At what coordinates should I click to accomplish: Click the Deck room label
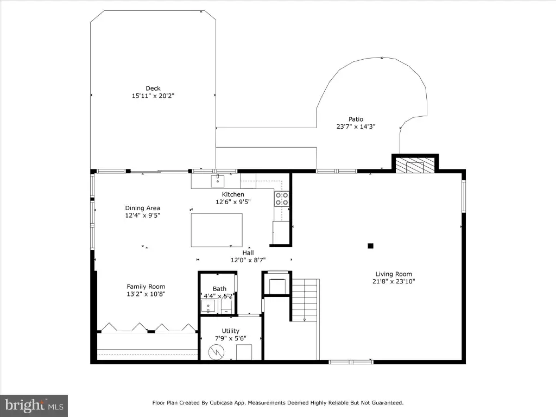point(153,89)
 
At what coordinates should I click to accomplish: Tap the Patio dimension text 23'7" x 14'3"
point(356,126)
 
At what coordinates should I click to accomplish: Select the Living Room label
point(394,274)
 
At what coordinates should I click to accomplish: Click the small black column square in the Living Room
point(370,246)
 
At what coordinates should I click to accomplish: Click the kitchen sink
point(217,181)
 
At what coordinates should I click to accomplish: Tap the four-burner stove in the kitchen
point(282,199)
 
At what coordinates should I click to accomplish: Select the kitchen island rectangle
point(217,230)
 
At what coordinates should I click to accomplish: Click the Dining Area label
point(143,208)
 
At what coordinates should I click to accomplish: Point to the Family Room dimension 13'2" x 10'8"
point(146,294)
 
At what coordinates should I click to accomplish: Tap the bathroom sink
point(208,306)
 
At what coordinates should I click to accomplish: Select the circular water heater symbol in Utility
point(216,352)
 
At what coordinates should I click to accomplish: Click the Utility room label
point(230,331)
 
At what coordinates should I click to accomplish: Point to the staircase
point(305,300)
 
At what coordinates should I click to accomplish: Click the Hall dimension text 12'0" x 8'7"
point(248,260)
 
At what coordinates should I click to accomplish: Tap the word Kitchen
point(233,194)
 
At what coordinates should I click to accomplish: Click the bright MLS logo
point(34,406)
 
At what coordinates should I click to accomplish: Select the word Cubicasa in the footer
point(221,403)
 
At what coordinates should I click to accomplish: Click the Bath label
point(219,289)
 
